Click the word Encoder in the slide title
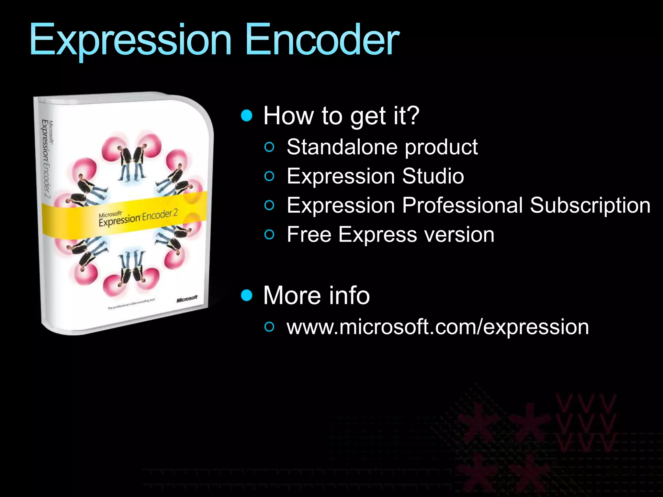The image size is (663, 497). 322,40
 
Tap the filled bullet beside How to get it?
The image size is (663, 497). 247,116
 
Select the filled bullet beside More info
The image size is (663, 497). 247,295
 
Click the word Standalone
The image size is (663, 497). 343,147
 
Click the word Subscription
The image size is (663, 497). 590,205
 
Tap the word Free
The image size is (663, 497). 309,234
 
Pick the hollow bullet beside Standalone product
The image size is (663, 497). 269,148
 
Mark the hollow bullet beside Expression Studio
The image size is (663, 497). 269,177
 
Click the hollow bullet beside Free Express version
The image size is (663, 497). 269,235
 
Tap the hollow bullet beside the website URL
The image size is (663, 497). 269,327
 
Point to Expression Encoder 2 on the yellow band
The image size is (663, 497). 138,218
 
